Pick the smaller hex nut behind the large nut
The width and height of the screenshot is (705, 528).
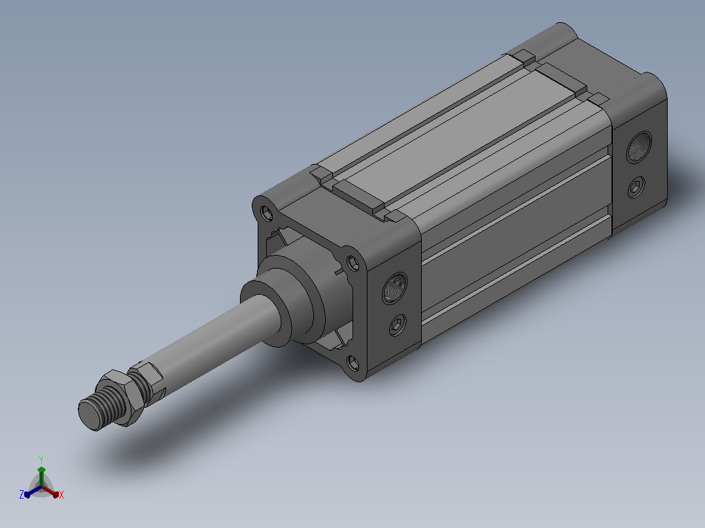[x=146, y=380]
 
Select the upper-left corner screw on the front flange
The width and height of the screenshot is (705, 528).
[x=267, y=213]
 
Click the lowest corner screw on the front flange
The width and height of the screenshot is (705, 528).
[x=353, y=363]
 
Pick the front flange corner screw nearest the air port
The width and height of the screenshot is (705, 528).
[x=353, y=263]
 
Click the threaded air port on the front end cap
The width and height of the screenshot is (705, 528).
[x=395, y=288]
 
